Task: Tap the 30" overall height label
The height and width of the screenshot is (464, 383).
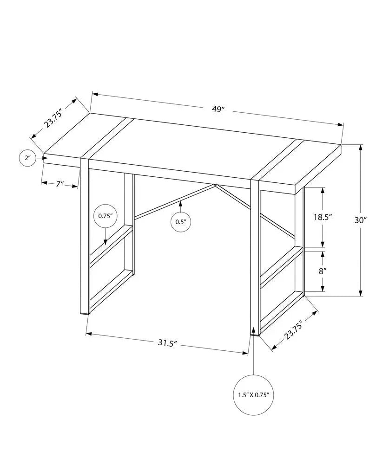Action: point(361,220)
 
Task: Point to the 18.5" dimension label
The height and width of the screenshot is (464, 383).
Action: point(323,217)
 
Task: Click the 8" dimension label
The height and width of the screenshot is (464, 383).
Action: point(323,271)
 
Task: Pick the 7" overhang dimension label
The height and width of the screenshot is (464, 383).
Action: point(59,184)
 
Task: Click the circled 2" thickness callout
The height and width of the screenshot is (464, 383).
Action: point(27,158)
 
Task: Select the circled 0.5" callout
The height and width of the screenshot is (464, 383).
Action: point(181,221)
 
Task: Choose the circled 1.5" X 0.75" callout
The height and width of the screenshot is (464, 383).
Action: point(253,395)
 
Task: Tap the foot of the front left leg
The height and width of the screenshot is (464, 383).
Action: point(85,313)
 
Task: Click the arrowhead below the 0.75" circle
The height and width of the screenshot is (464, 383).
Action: point(106,242)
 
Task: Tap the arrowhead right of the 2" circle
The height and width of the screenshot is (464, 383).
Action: point(45,158)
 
